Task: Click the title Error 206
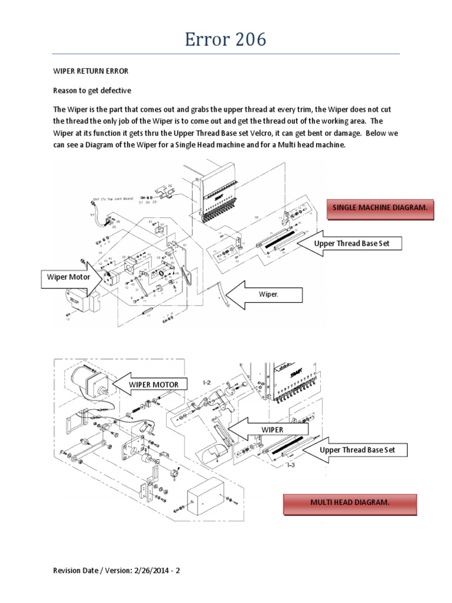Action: tap(225, 39)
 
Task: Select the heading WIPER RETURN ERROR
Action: tap(91, 71)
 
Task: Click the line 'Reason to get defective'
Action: tap(92, 90)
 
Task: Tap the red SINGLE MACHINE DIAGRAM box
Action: tap(380, 208)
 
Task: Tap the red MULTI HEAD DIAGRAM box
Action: tap(350, 502)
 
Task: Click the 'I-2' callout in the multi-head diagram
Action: tap(207, 383)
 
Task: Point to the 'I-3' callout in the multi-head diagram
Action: tap(291, 465)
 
